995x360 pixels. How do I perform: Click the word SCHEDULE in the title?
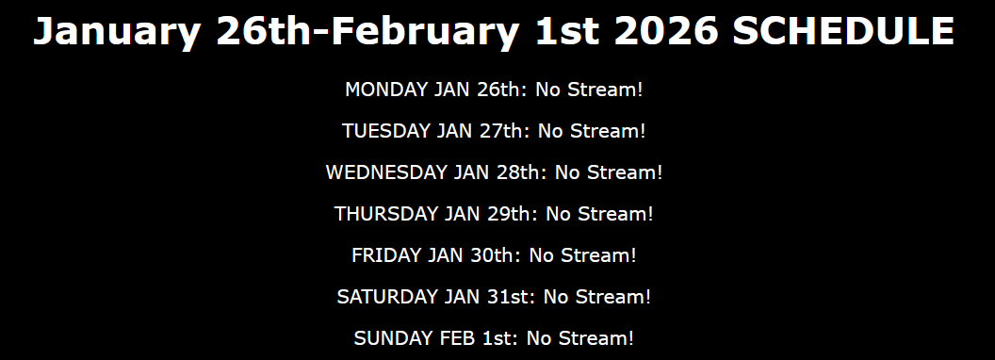point(843,30)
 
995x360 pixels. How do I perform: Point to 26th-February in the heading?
point(367,33)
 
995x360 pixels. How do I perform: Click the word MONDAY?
point(386,90)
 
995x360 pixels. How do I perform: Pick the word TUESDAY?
point(385,131)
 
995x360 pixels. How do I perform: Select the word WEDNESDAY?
point(386,172)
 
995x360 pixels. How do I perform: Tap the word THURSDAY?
point(386,213)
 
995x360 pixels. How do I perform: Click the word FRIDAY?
point(386,255)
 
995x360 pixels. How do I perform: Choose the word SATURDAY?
point(386,297)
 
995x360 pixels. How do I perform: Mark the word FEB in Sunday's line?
point(458,337)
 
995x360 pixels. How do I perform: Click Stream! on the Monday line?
point(605,90)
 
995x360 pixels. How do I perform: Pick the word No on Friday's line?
point(541,255)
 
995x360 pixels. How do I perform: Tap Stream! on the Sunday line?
point(595,337)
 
